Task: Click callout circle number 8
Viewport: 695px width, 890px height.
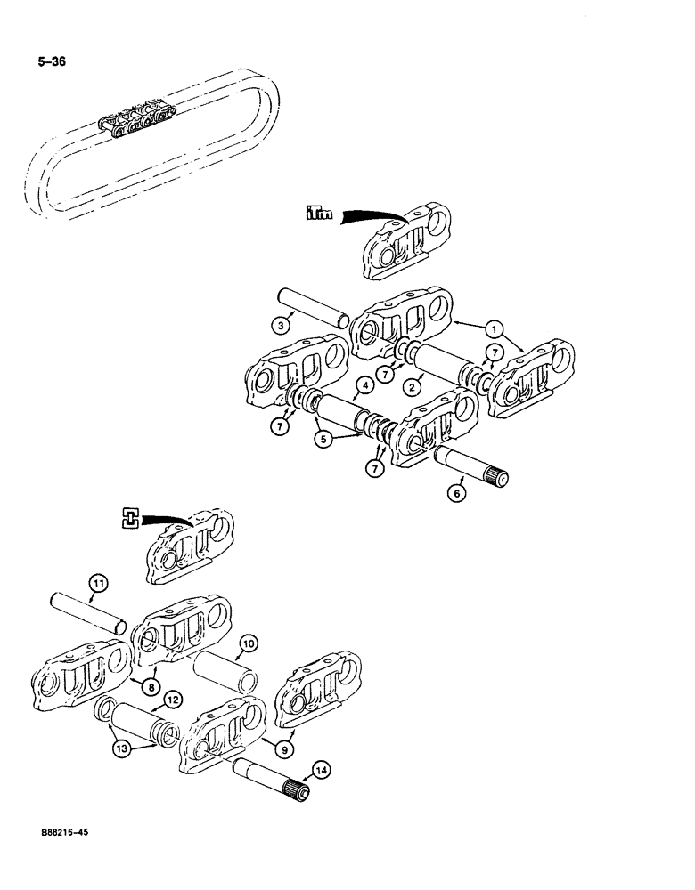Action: (145, 687)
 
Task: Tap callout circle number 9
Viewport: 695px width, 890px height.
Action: (285, 749)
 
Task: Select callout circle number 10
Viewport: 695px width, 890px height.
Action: (249, 641)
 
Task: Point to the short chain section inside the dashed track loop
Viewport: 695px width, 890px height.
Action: (139, 117)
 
